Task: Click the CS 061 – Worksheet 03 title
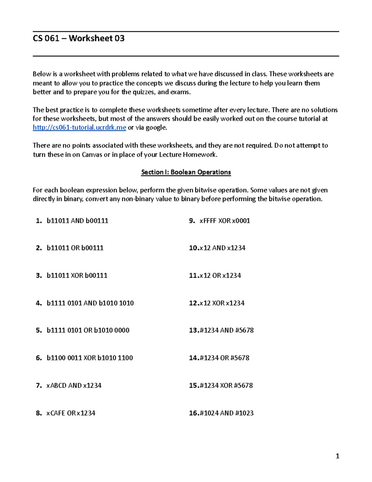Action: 79,38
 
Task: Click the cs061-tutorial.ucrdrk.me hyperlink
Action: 79,128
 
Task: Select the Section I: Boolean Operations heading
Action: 186,172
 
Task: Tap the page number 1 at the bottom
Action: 338,456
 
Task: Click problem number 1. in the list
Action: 39,221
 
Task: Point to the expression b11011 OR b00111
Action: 75,248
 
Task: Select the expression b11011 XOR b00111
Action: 77,276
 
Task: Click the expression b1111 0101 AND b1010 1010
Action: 90,303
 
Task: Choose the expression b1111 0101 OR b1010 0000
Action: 88,330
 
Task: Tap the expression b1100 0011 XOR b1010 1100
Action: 90,358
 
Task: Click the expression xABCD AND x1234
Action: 74,385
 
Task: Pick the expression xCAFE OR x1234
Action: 71,413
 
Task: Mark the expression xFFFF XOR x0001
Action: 225,221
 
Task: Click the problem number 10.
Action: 194,248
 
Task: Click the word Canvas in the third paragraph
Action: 92,155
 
